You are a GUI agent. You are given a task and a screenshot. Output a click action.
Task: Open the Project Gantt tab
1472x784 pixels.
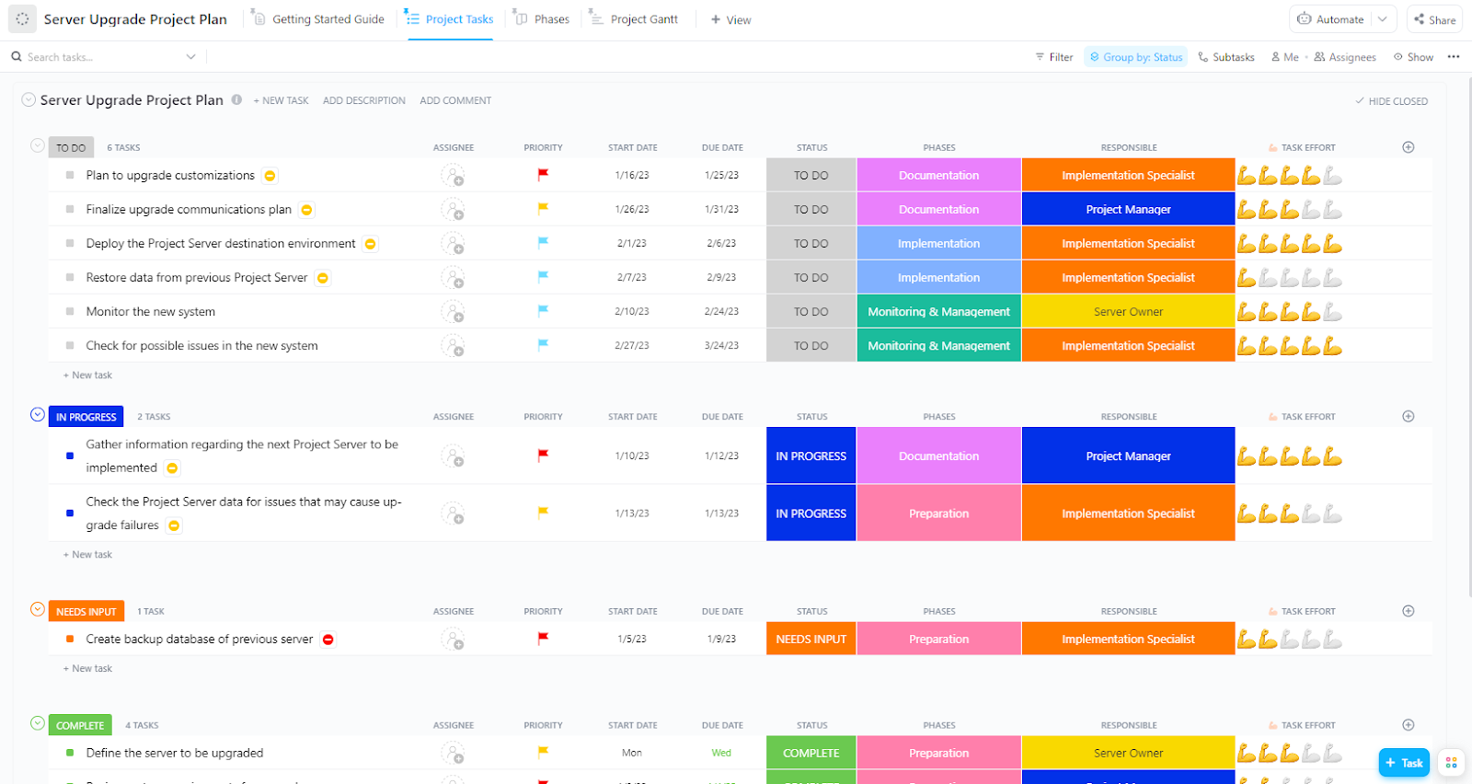click(643, 19)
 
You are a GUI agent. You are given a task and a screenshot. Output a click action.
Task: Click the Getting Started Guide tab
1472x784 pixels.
click(328, 19)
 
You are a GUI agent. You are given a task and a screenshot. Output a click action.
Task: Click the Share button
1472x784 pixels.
click(1434, 19)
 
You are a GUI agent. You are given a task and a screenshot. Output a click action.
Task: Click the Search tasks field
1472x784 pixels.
click(101, 57)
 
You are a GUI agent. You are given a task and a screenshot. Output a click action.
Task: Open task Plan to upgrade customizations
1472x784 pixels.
click(170, 176)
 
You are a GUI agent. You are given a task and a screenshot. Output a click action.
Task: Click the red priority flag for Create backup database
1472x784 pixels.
click(543, 639)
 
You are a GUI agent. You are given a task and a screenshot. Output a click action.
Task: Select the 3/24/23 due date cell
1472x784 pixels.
click(721, 346)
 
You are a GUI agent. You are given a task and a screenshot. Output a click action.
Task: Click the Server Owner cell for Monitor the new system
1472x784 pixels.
click(1128, 312)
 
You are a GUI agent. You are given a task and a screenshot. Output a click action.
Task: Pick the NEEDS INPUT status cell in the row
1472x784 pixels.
click(811, 640)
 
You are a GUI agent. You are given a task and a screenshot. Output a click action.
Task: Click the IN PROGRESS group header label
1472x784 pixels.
click(86, 417)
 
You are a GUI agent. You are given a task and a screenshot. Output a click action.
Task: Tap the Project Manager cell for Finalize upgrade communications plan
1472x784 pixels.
click(1128, 210)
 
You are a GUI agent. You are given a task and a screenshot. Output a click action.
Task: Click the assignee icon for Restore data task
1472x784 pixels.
click(453, 278)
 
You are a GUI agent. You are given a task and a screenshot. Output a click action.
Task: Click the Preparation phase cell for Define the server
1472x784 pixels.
click(938, 753)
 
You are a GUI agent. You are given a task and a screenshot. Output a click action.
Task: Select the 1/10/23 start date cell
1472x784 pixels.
click(632, 456)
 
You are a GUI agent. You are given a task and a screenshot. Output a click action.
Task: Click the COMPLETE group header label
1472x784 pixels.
click(80, 725)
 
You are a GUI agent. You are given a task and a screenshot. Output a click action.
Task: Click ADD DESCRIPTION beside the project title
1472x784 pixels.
click(363, 101)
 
